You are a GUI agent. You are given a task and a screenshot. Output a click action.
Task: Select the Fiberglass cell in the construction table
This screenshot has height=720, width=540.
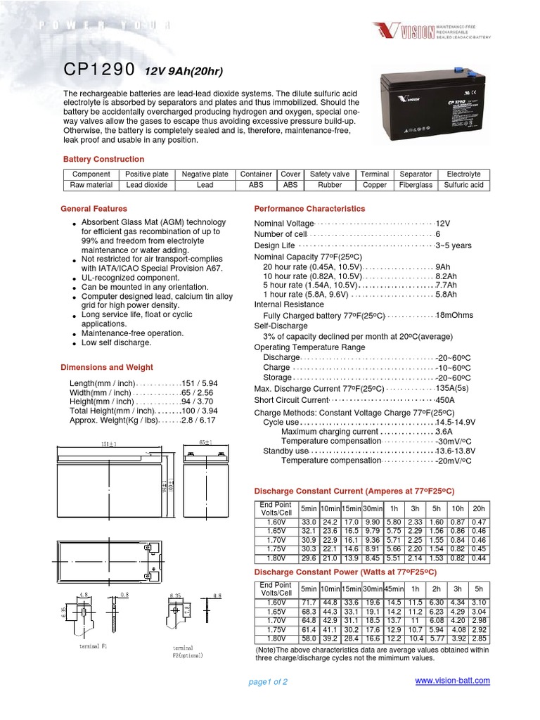pyautogui.click(x=416, y=185)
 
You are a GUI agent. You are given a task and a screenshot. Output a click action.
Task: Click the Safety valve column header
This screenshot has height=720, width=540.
pyautogui.click(x=330, y=174)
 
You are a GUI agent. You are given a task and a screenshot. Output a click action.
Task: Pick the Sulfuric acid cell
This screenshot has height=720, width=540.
pyautogui.click(x=463, y=185)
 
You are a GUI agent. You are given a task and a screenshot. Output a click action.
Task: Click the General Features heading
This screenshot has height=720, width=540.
pyautogui.click(x=94, y=209)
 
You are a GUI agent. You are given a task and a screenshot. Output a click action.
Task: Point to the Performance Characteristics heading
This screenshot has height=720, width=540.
pyautogui.click(x=309, y=209)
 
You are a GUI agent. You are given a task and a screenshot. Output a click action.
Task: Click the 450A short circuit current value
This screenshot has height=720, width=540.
pyautogui.click(x=446, y=400)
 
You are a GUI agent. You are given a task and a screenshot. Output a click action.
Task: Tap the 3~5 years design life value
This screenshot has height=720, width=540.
pyautogui.click(x=454, y=245)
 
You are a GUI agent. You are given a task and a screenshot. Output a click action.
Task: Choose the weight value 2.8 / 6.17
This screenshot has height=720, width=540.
pyautogui.click(x=198, y=420)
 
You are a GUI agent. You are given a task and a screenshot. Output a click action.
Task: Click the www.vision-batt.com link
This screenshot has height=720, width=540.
pyautogui.click(x=452, y=681)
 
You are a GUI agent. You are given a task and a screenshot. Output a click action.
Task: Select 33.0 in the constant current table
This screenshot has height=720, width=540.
pyautogui.click(x=309, y=522)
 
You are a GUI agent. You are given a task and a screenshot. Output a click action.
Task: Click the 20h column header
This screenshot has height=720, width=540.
pyautogui.click(x=479, y=508)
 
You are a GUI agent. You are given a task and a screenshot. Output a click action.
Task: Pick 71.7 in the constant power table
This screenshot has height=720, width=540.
pyautogui.click(x=309, y=603)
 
